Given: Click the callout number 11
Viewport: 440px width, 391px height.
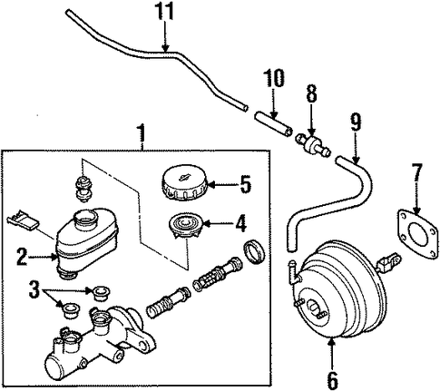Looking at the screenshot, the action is [165, 12].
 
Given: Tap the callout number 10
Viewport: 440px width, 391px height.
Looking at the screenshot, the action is [274, 78].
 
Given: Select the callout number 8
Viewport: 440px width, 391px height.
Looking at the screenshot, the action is [311, 93].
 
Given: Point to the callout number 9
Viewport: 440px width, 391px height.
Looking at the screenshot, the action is [356, 122].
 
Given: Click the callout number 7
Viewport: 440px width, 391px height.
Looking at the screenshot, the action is [417, 172].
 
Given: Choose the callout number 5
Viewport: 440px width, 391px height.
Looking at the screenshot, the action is [246, 184].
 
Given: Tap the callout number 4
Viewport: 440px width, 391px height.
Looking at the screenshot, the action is [240, 223].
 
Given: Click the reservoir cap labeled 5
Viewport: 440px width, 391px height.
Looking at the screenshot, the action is [183, 182].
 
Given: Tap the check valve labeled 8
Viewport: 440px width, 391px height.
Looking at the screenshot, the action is [313, 145].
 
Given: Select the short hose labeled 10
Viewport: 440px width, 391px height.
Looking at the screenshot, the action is [273, 124].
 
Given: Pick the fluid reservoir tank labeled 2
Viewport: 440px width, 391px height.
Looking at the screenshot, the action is [87, 241].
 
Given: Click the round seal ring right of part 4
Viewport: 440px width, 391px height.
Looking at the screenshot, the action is [254, 250].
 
